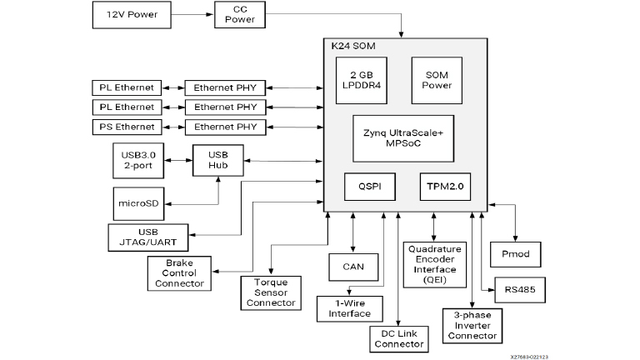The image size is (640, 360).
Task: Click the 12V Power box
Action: [127, 15]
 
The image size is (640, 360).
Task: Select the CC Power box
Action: [240, 14]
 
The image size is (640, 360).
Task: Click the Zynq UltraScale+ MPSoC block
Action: [402, 138]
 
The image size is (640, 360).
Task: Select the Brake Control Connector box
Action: [178, 272]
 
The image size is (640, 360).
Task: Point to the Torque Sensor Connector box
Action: [271, 292]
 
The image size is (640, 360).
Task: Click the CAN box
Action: [353, 267]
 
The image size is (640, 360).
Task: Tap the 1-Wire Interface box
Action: [349, 308]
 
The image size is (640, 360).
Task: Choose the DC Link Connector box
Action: [397, 338]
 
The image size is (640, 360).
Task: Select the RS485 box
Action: [519, 289]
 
